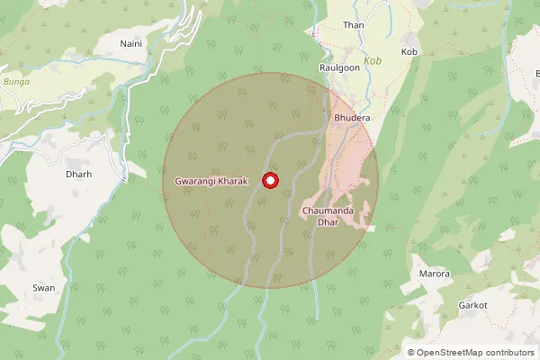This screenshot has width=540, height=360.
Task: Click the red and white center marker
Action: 270,181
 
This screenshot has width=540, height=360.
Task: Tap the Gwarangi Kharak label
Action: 211,182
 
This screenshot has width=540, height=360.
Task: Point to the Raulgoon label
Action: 339,67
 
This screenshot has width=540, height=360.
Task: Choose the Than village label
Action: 353,25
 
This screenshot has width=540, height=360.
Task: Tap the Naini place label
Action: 131,42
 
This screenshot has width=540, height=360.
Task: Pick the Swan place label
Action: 44,287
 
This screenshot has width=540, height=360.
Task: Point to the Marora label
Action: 435,274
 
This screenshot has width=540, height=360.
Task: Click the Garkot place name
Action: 472,306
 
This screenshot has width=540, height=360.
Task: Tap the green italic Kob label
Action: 372,63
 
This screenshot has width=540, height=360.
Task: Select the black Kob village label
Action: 410,52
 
